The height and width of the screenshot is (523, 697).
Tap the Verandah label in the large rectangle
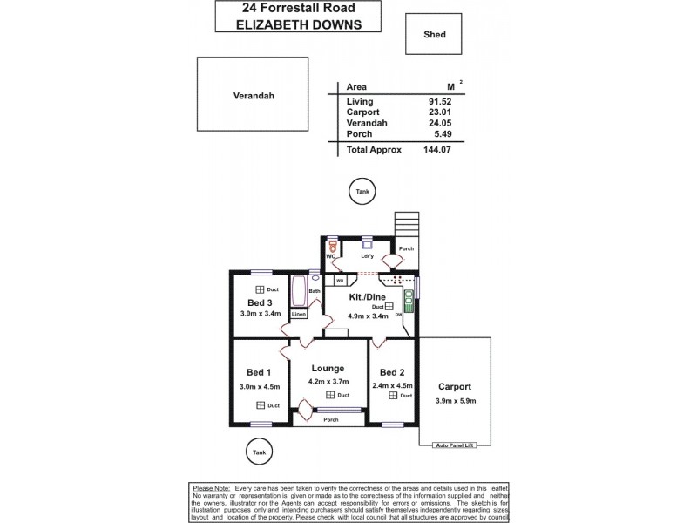(x=254, y=96)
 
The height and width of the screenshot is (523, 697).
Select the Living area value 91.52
(x=442, y=102)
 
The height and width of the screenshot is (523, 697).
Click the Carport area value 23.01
(x=442, y=112)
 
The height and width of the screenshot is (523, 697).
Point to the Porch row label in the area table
(x=359, y=133)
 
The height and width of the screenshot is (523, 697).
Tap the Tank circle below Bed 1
(x=258, y=452)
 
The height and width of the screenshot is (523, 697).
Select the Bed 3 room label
(x=259, y=302)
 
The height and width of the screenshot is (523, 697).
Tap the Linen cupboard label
(x=298, y=314)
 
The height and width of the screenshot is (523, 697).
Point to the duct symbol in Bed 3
(x=260, y=289)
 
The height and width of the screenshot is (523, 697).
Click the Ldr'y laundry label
(x=367, y=256)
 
